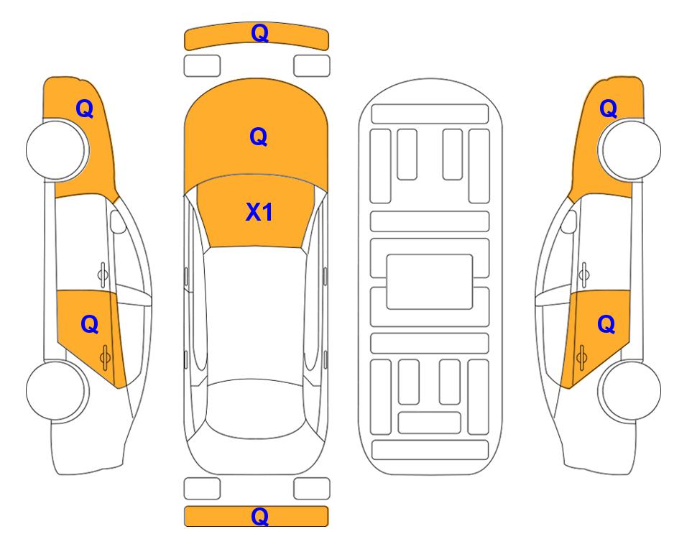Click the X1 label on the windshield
tap(259, 212)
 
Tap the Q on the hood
tap(259, 137)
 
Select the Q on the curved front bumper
tap(259, 32)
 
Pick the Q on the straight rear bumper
tap(259, 516)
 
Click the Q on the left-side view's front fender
tap(85, 109)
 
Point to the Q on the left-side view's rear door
tap(90, 324)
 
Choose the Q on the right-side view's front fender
tap(608, 109)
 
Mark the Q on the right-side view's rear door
tap(606, 324)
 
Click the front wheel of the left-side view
tap(56, 149)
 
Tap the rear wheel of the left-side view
tap(56, 390)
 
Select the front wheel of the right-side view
tap(631, 149)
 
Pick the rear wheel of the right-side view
tap(631, 390)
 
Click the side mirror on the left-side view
tap(117, 221)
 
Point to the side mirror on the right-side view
tap(569, 221)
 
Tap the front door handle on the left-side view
tap(103, 275)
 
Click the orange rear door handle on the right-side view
tap(581, 357)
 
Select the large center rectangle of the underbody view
tap(430, 282)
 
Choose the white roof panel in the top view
tap(256, 314)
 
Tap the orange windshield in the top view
tap(257, 211)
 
